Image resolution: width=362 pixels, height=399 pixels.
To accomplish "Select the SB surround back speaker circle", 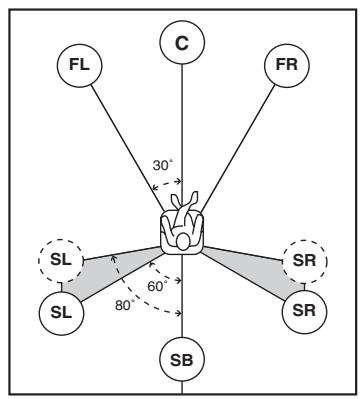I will (182, 358).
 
